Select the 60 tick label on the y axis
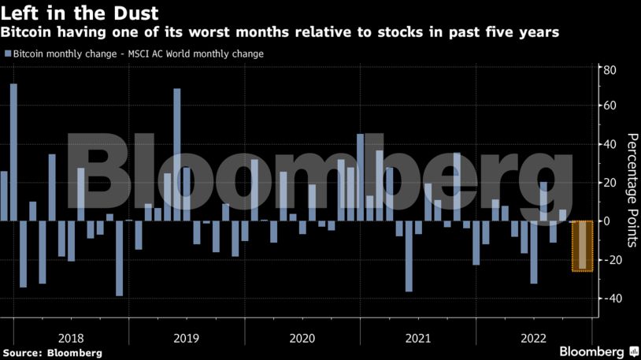610,106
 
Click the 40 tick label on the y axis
610,145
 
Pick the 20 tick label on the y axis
610,183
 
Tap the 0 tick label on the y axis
606,221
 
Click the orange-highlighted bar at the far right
582,246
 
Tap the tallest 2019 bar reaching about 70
177,154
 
